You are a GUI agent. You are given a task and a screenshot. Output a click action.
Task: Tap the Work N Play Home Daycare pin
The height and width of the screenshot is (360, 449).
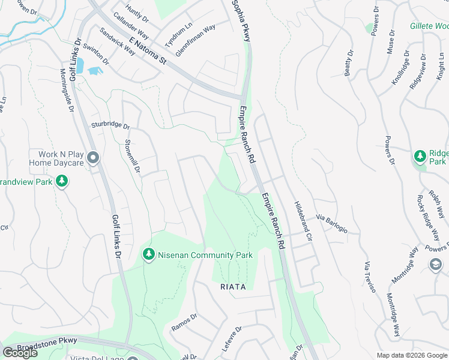[x=93, y=158]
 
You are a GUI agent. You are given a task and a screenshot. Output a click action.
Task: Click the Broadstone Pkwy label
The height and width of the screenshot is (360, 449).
[x=47, y=343]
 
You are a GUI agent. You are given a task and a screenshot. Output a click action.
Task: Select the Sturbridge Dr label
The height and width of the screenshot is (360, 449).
[x=110, y=125]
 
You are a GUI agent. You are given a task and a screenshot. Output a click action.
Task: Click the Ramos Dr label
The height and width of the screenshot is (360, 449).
[x=184, y=323]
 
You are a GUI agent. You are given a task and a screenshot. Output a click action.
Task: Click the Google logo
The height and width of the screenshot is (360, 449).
[x=20, y=353]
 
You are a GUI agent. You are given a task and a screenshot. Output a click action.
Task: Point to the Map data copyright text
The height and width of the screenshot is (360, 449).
[x=411, y=355]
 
